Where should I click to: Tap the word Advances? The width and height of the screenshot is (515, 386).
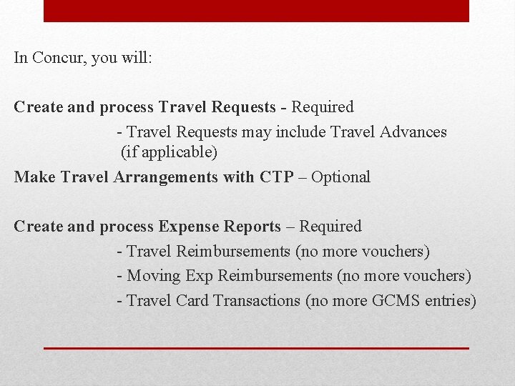point(413,132)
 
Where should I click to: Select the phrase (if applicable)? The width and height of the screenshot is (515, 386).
point(169,152)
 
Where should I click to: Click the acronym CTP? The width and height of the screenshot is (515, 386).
point(276,177)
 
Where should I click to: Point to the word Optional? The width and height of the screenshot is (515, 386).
point(340,177)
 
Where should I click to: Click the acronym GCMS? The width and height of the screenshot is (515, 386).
point(395,300)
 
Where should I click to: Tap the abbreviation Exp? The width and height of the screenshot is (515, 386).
point(199,276)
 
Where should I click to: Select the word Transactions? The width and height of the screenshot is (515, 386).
point(257,300)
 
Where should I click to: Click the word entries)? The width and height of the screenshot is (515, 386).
point(450,300)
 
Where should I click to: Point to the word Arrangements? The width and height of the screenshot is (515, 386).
point(165,177)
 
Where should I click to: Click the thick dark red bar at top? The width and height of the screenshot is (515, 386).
point(256,11)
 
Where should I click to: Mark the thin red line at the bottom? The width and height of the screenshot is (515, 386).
point(256,348)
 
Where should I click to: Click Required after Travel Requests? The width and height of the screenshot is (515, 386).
point(322,107)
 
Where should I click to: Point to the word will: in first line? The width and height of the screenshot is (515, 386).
point(136,58)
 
